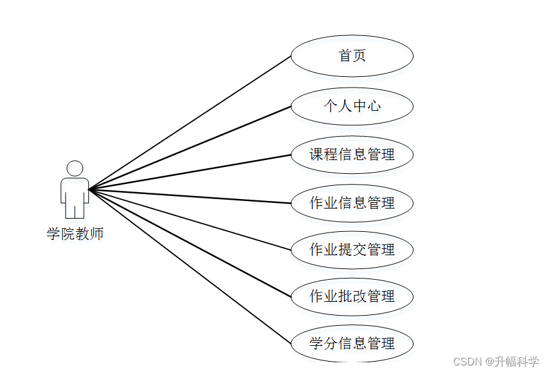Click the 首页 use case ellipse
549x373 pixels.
pyautogui.click(x=352, y=56)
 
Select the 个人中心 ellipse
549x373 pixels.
pyautogui.click(x=352, y=106)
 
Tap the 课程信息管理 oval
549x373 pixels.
pyautogui.click(x=352, y=154)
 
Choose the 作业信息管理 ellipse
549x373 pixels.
pyautogui.click(x=352, y=203)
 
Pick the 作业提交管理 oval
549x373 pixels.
pyautogui.click(x=352, y=250)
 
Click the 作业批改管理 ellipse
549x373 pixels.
pyautogui.click(x=352, y=296)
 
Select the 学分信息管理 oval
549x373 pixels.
pyautogui.click(x=352, y=343)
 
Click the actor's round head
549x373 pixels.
pyautogui.click(x=75, y=168)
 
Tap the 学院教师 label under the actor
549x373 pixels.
pyautogui.click(x=75, y=234)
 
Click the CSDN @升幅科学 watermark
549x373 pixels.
pyautogui.click(x=496, y=362)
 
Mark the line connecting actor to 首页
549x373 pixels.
pyautogui.click(x=189, y=122)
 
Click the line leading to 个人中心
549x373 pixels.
pyautogui.click(x=189, y=147)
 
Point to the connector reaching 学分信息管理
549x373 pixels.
pyautogui.click(x=189, y=265)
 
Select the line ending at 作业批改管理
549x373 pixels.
pyautogui.click(x=189, y=242)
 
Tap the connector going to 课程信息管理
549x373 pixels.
pyautogui.click(x=189, y=171)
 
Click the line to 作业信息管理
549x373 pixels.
pyautogui.click(x=189, y=196)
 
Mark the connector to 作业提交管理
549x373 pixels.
pyautogui.click(x=189, y=219)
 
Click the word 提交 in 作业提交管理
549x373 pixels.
pyautogui.click(x=352, y=250)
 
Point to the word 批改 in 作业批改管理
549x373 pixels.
pyautogui.click(x=352, y=296)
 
